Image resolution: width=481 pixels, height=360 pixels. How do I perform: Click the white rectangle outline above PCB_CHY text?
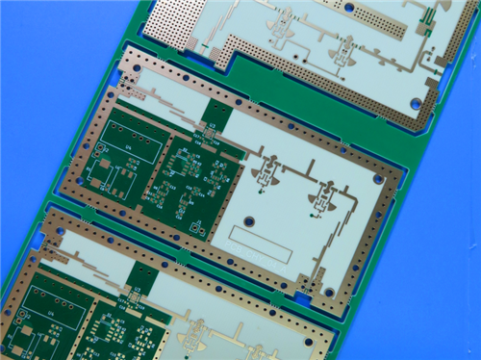click(260, 242)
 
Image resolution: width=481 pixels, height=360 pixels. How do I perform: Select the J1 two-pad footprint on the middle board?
click(99, 181)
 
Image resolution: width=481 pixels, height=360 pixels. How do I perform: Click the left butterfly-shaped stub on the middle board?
click(265, 174)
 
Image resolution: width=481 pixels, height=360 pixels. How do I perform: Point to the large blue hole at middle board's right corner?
click(378, 179)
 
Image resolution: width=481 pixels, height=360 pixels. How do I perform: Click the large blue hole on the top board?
click(416, 103)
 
